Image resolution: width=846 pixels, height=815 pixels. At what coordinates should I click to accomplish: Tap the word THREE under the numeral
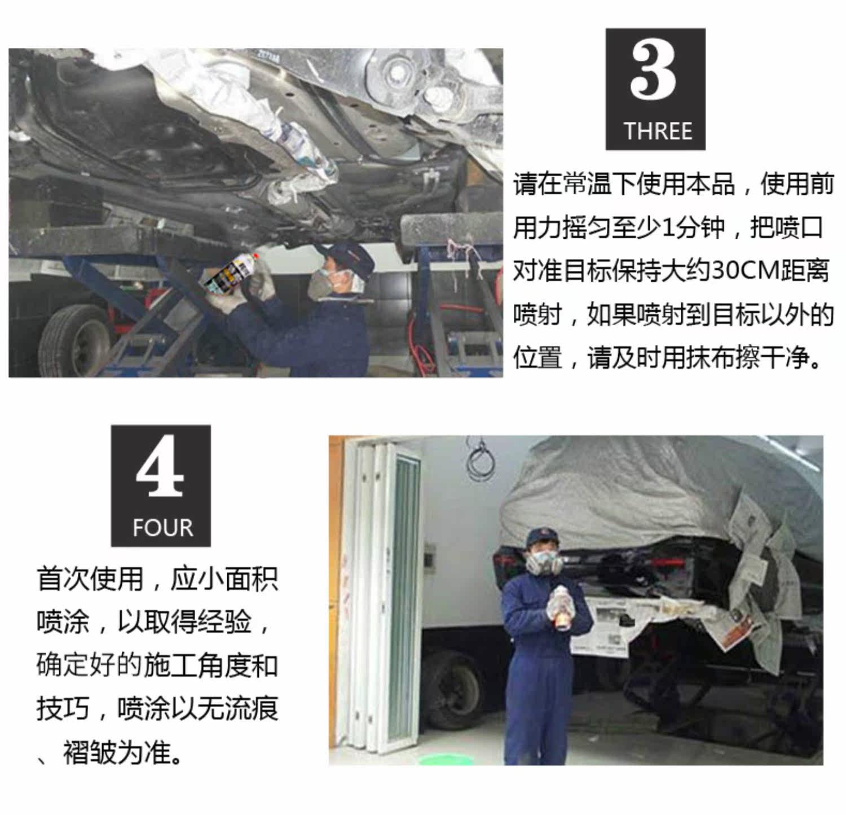[x=658, y=132]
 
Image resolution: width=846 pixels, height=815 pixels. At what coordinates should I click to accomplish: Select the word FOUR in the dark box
[x=162, y=528]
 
